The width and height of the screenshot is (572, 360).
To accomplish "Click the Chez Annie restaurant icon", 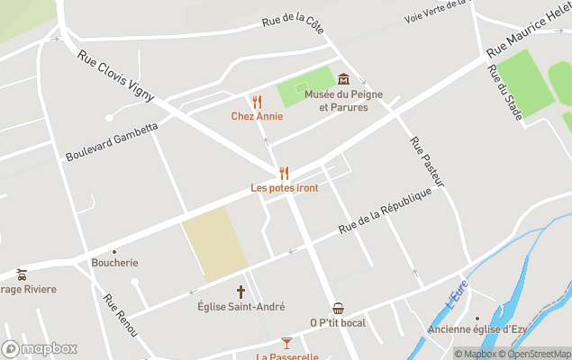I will click(257, 102).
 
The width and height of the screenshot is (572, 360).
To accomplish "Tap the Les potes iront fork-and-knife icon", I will click(284, 173).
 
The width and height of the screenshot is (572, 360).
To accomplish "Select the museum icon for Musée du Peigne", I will click(342, 80).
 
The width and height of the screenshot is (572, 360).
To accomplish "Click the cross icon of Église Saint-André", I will click(241, 292).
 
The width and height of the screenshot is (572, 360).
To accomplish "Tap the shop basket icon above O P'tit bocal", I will click(338, 309).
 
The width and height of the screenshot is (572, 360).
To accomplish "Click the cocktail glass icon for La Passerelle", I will click(286, 343).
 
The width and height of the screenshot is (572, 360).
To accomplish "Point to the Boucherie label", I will click(114, 263).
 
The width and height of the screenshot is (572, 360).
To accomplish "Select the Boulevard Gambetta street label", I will click(112, 141).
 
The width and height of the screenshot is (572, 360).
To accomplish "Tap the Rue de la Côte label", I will click(292, 19).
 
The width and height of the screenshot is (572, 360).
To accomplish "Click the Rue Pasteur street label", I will click(427, 162).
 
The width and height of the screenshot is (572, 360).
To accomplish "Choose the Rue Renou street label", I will click(120, 316).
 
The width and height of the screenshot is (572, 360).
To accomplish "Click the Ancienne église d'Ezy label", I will click(477, 328).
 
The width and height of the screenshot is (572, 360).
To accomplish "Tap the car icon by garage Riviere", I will click(21, 274).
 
